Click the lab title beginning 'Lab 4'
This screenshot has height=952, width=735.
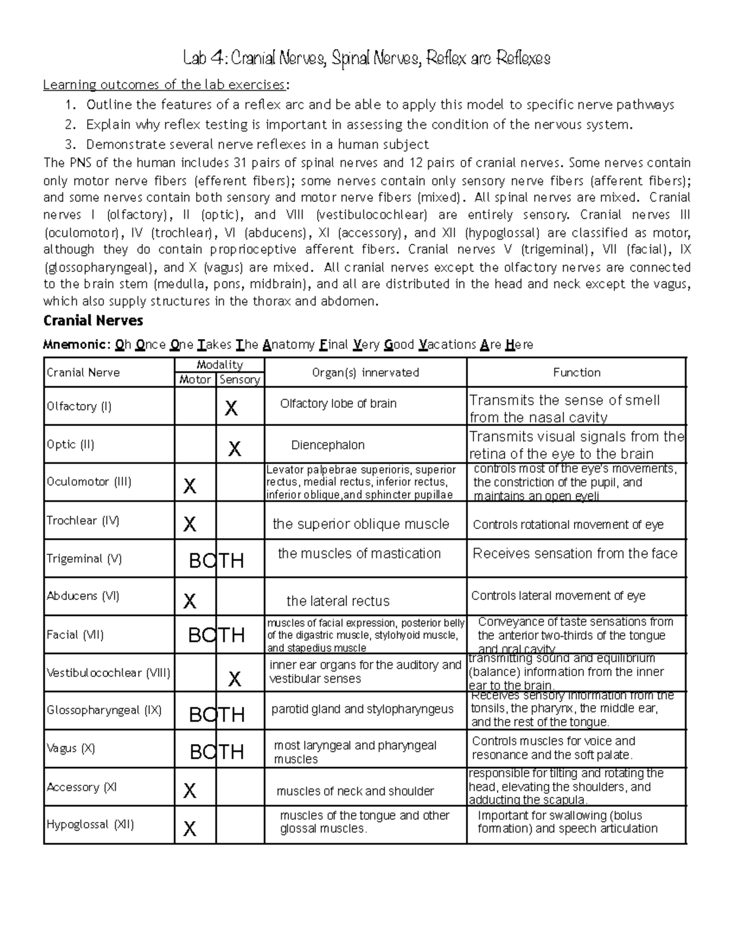tap(367, 59)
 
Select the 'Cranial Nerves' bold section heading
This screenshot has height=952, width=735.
tap(93, 321)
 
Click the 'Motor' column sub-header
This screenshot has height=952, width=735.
tap(195, 380)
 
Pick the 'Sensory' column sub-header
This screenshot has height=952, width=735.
tap(239, 380)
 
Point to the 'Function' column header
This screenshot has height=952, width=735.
tap(576, 372)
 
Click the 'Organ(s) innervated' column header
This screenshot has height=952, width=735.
tap(365, 372)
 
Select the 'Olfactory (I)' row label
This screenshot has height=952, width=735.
tap(79, 406)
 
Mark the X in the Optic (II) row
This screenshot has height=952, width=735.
tap(235, 449)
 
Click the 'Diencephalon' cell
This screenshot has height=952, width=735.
tap(328, 445)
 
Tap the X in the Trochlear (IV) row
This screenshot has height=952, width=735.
tap(190, 524)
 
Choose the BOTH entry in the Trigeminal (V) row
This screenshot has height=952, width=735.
tap(216, 560)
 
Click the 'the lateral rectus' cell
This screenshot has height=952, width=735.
tap(338, 601)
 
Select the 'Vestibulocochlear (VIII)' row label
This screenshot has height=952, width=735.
tap(108, 672)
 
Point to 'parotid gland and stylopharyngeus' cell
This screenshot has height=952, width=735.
tap(362, 709)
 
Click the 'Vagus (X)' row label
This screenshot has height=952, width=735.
tap(70, 748)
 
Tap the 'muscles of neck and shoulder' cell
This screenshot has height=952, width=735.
tap(355, 791)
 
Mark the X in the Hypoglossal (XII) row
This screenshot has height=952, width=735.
tap(190, 829)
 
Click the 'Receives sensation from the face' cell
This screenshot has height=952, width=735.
tap(575, 554)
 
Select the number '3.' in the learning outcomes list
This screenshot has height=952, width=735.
tap(70, 145)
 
